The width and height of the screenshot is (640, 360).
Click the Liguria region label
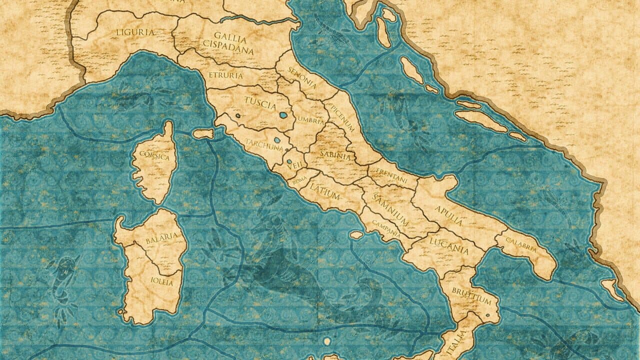click(x=135, y=33)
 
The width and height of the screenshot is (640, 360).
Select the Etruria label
click(x=226, y=76)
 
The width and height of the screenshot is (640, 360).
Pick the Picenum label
click(x=342, y=118)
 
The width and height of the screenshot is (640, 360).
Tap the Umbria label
click(x=310, y=119)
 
